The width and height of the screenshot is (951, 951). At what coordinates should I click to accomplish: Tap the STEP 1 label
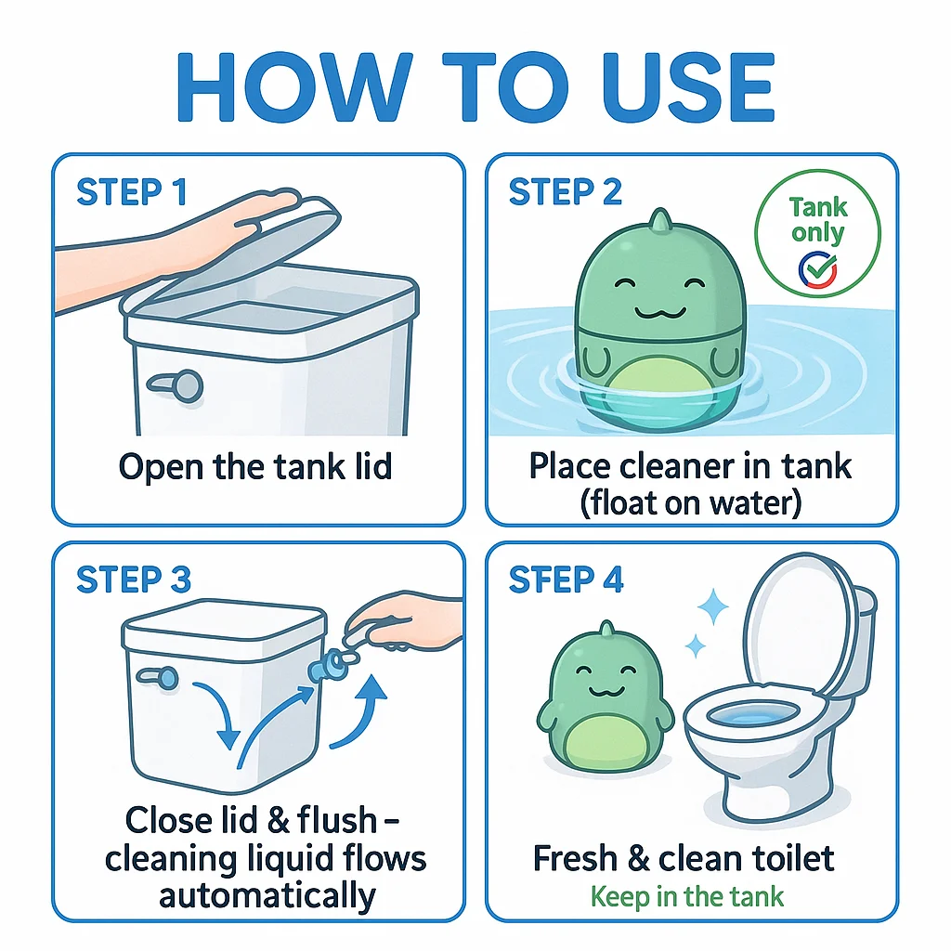tap(132, 192)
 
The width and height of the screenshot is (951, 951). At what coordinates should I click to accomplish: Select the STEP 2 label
tap(566, 192)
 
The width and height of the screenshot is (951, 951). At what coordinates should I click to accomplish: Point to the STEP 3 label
tap(134, 580)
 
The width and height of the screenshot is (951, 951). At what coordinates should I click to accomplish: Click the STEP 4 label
tap(566, 580)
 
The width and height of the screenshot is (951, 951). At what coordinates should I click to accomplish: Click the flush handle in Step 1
tap(176, 384)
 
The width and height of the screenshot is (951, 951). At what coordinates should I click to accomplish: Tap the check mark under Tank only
tap(817, 270)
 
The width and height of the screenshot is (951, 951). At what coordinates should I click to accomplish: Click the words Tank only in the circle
tap(818, 220)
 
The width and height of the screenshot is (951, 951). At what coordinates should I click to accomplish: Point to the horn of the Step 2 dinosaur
tap(660, 220)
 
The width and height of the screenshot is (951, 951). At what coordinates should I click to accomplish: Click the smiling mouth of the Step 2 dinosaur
tap(660, 313)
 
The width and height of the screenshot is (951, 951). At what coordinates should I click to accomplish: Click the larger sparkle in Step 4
tap(713, 606)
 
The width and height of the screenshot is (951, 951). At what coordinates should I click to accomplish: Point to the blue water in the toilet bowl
tap(752, 716)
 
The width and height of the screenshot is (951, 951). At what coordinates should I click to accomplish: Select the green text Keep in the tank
tap(686, 896)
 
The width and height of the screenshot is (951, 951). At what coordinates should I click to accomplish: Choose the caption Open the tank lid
tap(255, 467)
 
